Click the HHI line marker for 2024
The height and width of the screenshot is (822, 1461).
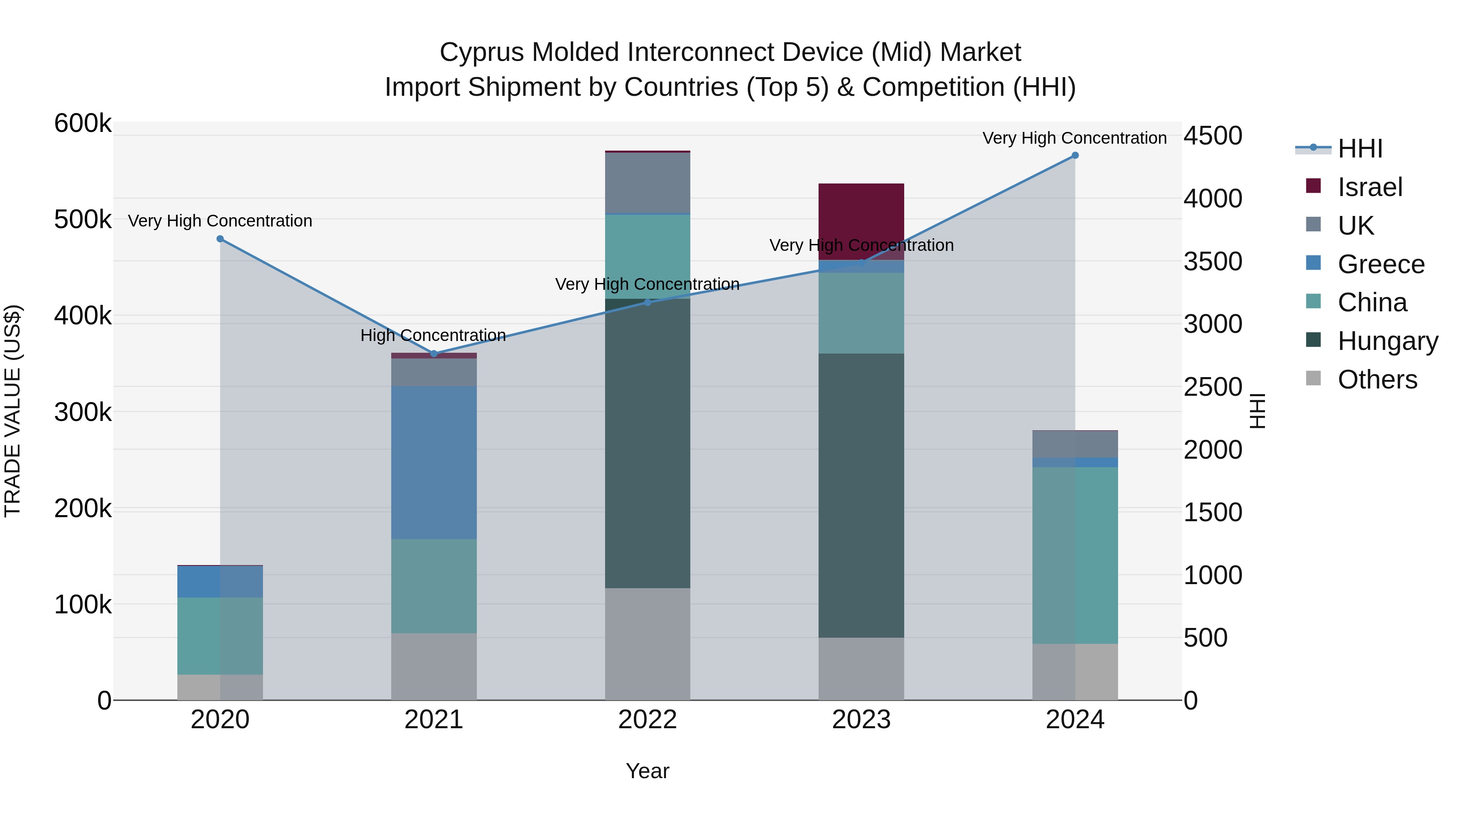pyautogui.click(x=1074, y=155)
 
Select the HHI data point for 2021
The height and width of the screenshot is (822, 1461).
pyautogui.click(x=434, y=354)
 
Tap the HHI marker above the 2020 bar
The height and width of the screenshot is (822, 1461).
pyautogui.click(x=220, y=239)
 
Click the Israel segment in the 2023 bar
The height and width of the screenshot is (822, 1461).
pyautogui.click(x=860, y=221)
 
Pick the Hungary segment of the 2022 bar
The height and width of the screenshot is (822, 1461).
pyautogui.click(x=647, y=442)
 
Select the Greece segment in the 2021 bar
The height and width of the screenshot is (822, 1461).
pyautogui.click(x=434, y=462)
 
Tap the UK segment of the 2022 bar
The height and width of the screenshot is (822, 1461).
pyautogui.click(x=647, y=183)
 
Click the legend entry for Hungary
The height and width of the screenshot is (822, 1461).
pyautogui.click(x=1387, y=341)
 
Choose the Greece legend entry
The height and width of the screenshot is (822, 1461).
pyautogui.click(x=1381, y=264)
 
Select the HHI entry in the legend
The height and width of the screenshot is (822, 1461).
pyautogui.click(x=1360, y=149)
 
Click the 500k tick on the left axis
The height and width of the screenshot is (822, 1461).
pyautogui.click(x=83, y=220)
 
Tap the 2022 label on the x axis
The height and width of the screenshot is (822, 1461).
pyautogui.click(x=647, y=720)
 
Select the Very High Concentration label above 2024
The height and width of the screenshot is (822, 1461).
pyautogui.click(x=1074, y=138)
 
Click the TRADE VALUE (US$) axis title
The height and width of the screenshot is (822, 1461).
pyautogui.click(x=13, y=411)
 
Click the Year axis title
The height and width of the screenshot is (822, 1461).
pyautogui.click(x=647, y=771)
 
